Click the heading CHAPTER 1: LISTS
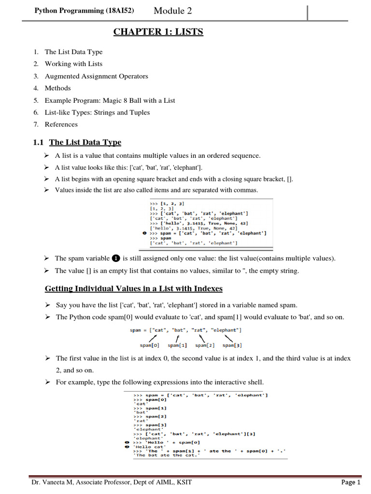(158, 32)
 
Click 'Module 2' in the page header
(175, 10)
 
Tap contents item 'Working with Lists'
(73, 64)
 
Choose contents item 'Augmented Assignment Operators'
(96, 76)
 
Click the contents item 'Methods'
(57, 88)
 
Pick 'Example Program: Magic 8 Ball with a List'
(110, 100)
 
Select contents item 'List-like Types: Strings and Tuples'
(97, 112)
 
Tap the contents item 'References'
(61, 124)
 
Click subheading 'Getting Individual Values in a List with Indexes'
(134, 289)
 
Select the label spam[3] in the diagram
(232, 345)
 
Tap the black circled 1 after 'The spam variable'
(115, 259)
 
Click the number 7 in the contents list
(36, 124)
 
